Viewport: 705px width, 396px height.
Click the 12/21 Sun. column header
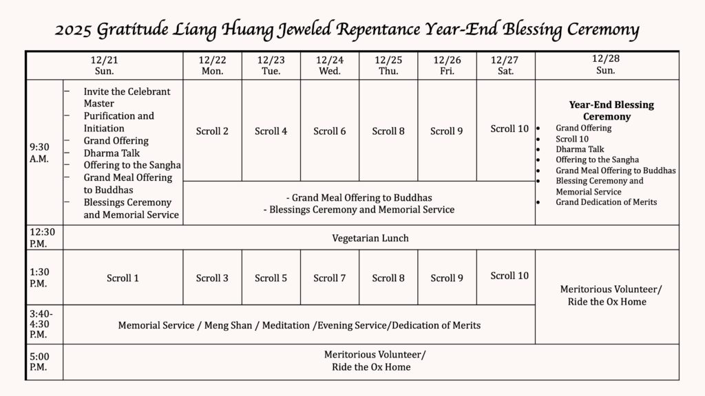point(105,65)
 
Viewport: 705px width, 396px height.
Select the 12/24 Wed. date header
point(329,65)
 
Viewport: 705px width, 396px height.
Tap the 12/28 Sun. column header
point(606,65)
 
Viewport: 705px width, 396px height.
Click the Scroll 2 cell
point(212,131)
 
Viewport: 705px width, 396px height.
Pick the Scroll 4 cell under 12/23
point(271,131)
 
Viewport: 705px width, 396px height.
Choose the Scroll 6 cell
point(329,131)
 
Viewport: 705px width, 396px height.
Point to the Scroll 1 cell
point(123,278)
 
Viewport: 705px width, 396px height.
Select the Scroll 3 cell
point(212,278)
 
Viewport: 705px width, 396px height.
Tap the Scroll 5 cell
point(271,278)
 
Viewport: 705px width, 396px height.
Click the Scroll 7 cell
point(329,278)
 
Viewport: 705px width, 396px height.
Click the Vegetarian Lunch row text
point(370,238)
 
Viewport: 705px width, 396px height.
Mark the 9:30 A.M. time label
point(40,152)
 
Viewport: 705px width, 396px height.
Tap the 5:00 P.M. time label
point(40,362)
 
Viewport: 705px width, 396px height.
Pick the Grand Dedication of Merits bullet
point(606,202)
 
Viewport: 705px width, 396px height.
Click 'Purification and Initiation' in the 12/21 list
point(118,122)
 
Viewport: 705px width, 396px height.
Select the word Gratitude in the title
point(143,31)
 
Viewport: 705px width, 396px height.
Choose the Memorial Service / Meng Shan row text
point(299,325)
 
